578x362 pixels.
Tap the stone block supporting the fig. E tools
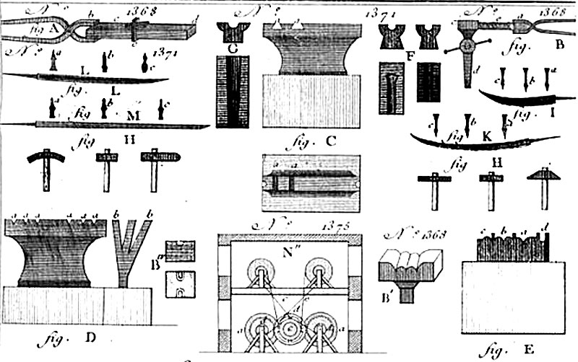512,296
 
